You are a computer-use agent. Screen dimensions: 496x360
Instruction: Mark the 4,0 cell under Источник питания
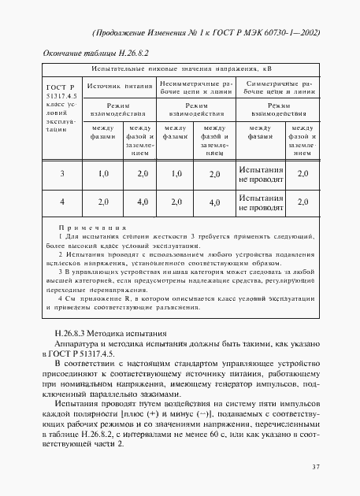coord(142,202)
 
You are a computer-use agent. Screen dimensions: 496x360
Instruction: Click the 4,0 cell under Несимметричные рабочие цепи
coord(213,202)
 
